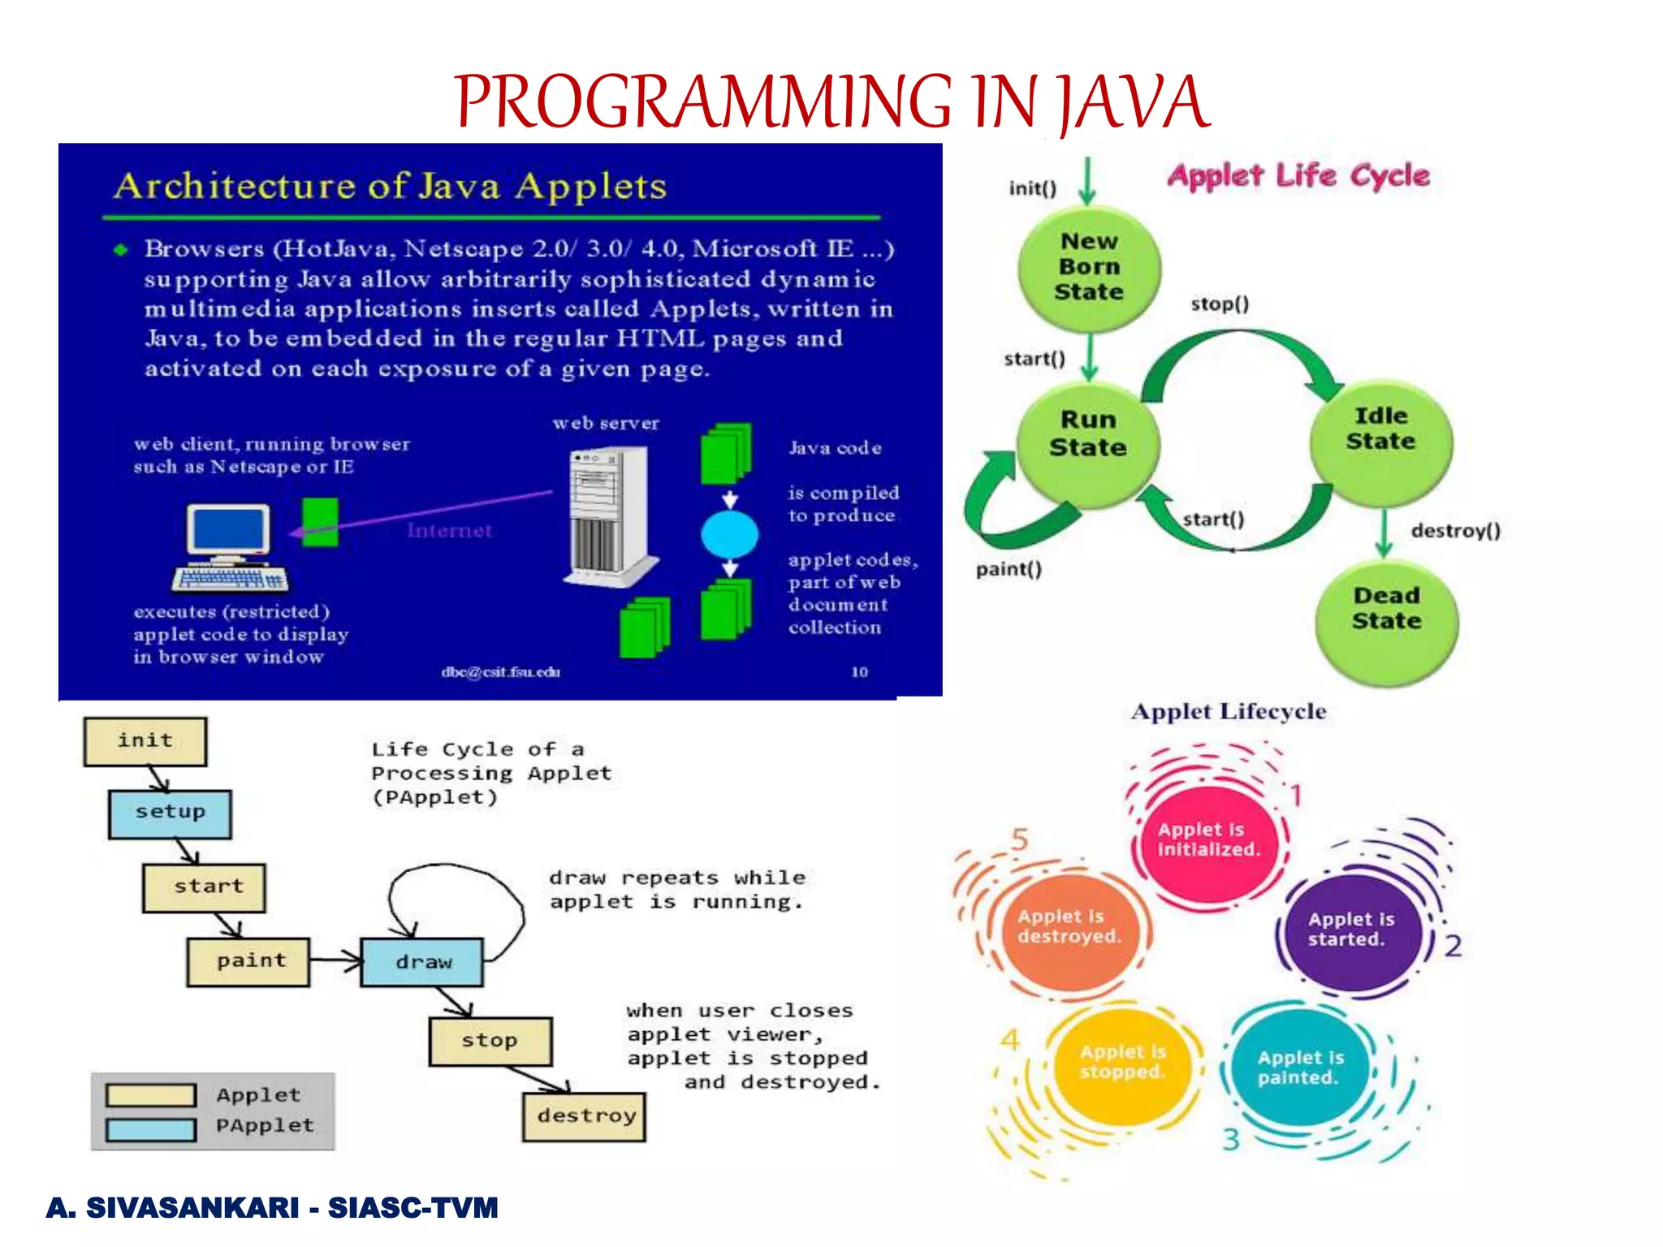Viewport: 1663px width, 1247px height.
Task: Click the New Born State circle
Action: point(1089,267)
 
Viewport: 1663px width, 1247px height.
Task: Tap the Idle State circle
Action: point(1380,441)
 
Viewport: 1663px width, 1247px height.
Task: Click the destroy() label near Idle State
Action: point(1455,531)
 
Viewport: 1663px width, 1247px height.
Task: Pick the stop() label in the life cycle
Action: point(1220,304)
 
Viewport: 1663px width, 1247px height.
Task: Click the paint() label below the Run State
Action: point(1009,569)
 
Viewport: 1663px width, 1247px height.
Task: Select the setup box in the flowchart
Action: point(170,813)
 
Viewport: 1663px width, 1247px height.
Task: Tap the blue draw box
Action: point(422,962)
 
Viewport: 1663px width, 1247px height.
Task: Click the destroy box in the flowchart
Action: point(585,1116)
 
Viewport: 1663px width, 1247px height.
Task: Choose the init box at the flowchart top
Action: point(145,741)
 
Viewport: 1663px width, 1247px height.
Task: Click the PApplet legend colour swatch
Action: point(151,1129)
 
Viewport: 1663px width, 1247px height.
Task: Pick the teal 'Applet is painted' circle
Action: point(1300,1068)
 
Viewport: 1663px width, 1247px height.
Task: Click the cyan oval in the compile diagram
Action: point(729,535)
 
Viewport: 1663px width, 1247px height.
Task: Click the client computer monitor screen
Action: point(228,529)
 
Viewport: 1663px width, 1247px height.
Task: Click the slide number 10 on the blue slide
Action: point(859,671)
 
